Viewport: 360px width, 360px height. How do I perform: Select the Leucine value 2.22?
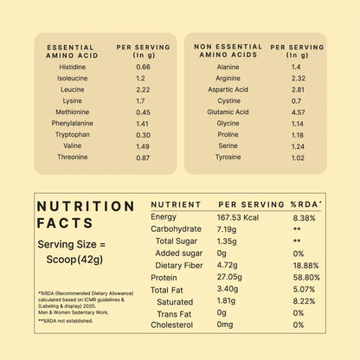(x=143, y=89)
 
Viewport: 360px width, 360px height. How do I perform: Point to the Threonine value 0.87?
(x=143, y=157)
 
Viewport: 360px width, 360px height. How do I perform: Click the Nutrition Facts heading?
(x=86, y=215)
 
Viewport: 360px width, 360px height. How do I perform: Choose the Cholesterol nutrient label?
(x=174, y=325)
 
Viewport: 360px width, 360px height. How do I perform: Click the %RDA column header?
(x=306, y=204)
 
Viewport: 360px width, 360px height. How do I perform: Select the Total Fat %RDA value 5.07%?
(x=306, y=290)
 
